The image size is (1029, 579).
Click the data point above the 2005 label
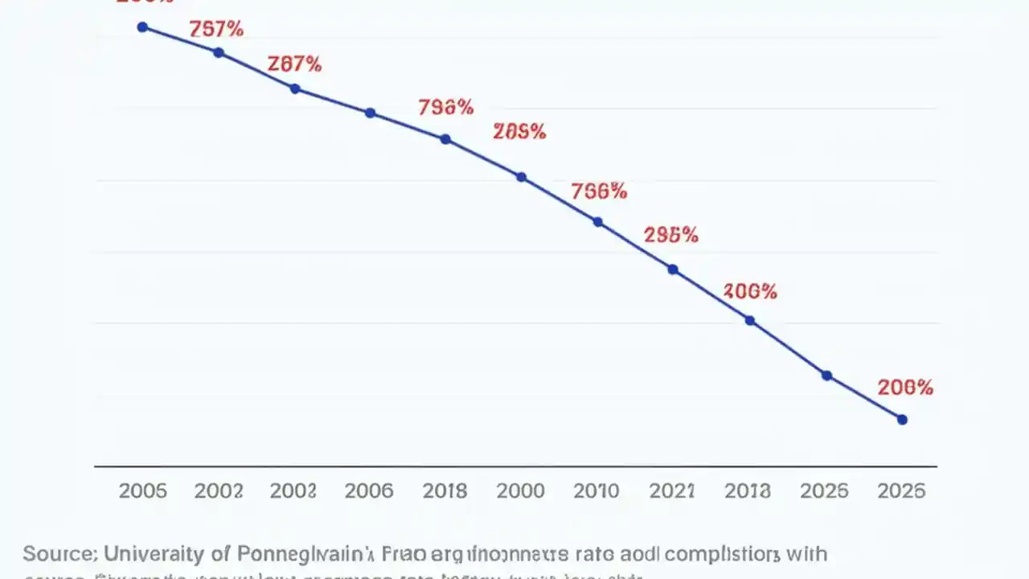click(x=142, y=27)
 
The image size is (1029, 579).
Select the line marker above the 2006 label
click(x=370, y=113)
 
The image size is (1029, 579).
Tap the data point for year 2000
click(x=521, y=177)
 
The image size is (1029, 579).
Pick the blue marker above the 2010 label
click(x=597, y=222)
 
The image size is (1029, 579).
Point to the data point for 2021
click(x=673, y=269)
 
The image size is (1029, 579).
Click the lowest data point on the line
click(x=901, y=420)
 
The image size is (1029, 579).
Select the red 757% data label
click(x=216, y=30)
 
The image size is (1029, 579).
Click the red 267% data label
click(x=294, y=64)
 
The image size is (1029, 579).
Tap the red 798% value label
click(x=445, y=107)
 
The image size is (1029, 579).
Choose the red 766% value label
click(x=598, y=191)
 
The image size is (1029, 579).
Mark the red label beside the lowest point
click(x=905, y=388)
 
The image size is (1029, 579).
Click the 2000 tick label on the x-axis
click(x=521, y=491)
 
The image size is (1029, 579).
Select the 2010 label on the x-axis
click(x=596, y=491)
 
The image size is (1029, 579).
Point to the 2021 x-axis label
click(x=672, y=491)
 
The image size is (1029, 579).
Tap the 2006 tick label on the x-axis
click(x=369, y=491)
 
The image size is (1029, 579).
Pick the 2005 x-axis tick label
click(x=142, y=491)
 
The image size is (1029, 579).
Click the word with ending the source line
click(x=805, y=554)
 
